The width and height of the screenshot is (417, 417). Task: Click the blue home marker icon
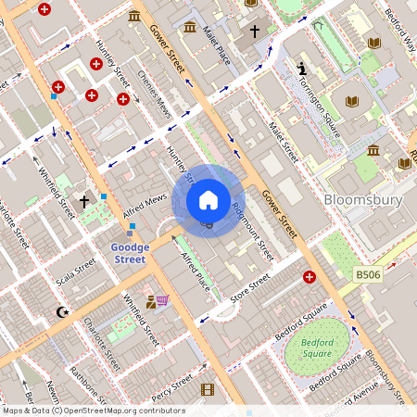208,200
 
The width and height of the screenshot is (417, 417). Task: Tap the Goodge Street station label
129,253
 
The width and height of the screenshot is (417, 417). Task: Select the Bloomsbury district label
362,199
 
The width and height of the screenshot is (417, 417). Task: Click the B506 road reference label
369,274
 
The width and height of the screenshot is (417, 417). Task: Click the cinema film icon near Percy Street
208,389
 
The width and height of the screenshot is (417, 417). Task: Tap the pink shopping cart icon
163,300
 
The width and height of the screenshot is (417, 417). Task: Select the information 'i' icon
302,68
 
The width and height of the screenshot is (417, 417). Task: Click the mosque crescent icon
62,313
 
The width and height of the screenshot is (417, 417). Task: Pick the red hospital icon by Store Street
310,276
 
